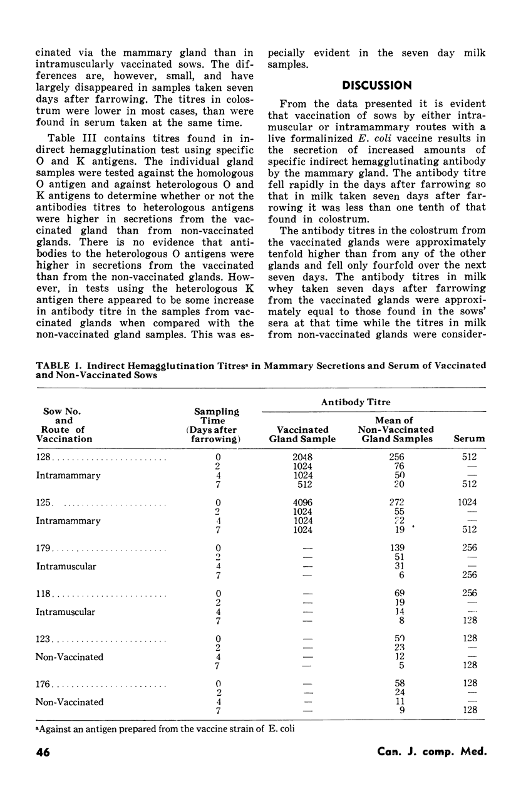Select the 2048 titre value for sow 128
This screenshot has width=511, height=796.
coord(303,457)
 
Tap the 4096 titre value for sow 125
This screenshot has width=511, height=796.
coord(303,502)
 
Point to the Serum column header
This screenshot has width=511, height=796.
coord(468,439)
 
